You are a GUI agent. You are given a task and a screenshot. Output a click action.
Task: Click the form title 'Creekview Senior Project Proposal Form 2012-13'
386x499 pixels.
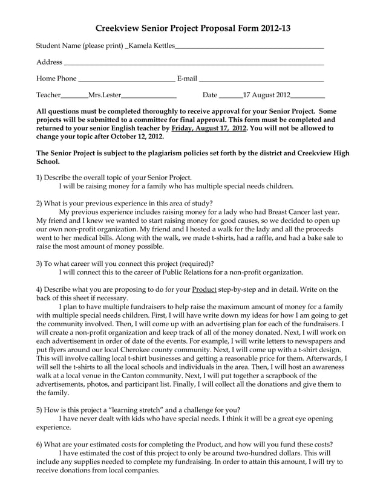point(193,29)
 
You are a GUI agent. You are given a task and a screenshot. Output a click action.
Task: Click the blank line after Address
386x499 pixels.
point(194,63)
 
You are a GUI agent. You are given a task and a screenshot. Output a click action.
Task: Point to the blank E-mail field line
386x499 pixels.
point(261,79)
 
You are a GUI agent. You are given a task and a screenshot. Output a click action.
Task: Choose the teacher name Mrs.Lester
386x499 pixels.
point(105,95)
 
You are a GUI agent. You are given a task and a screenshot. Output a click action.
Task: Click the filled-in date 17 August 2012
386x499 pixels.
point(266,95)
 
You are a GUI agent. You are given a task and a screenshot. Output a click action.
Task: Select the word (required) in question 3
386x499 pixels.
point(194,263)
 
